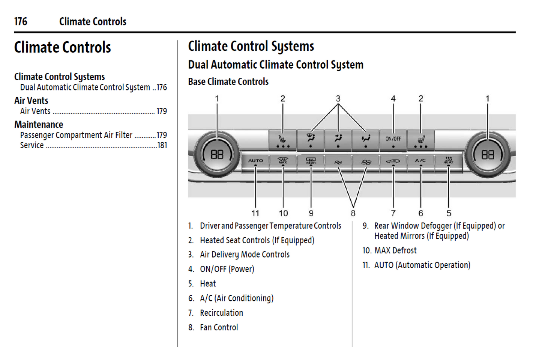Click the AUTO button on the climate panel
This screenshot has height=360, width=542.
255,161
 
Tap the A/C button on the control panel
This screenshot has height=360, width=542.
420,161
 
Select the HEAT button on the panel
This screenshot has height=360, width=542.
448,161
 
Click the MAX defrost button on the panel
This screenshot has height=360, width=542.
283,161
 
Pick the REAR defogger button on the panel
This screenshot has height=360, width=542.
311,161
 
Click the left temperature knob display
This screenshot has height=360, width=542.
217,154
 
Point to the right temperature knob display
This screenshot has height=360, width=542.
487,154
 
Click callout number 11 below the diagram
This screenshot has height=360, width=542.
255,213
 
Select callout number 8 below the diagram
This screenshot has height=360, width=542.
353,213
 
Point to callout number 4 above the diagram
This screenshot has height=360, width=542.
393,99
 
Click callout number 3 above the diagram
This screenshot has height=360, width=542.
338,99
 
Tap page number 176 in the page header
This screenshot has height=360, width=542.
21,21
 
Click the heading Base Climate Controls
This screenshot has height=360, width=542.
228,81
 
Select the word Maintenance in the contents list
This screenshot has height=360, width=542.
39,124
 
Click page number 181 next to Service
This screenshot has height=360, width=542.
162,145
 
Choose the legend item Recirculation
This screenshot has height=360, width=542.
221,313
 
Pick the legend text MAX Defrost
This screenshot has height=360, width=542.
395,250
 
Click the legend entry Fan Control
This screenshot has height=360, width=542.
219,327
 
